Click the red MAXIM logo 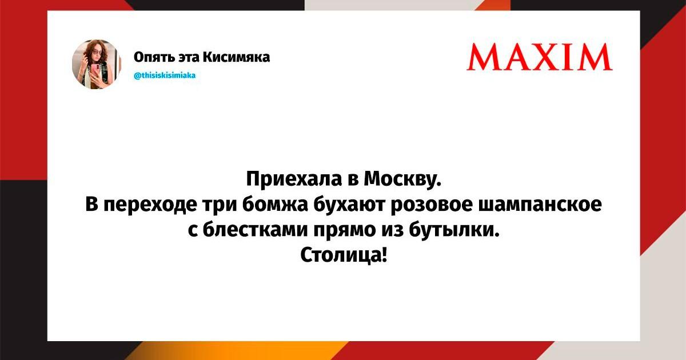(540, 57)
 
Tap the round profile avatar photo (97, 64)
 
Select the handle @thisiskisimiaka (165, 75)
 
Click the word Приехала (294, 179)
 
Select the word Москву (402, 179)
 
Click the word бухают (350, 205)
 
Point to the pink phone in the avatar (96, 71)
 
